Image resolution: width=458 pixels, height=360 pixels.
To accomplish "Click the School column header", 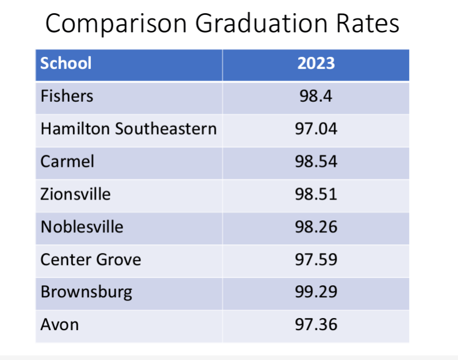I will point(66,63).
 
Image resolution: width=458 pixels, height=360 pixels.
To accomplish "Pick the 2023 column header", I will point(316,63).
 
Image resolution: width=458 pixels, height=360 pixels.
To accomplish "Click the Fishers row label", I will point(67,95).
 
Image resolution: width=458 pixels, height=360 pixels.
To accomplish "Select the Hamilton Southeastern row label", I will point(128,128).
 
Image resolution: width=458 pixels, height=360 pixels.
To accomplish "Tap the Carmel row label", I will point(67,161).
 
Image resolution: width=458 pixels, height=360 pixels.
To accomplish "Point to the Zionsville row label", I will point(75,194).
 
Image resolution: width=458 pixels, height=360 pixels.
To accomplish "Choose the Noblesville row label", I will point(82,227).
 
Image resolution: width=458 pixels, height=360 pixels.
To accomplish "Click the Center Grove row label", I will point(90,259).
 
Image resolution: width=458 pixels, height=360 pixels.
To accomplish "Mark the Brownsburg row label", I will point(86,292).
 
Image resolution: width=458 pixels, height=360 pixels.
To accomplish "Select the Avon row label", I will point(60,325).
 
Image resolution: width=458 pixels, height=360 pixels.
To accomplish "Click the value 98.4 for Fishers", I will point(316,95).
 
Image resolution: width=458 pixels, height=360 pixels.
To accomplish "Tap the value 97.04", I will point(316,128).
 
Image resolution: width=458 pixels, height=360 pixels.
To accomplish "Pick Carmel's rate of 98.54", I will point(316,161).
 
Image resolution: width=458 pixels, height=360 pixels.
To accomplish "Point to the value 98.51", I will point(316,194).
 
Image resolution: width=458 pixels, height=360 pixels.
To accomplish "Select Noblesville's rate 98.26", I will point(316,227).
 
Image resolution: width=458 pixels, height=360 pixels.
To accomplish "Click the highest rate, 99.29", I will point(316,292).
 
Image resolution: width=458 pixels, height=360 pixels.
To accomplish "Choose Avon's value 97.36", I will point(316,325).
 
